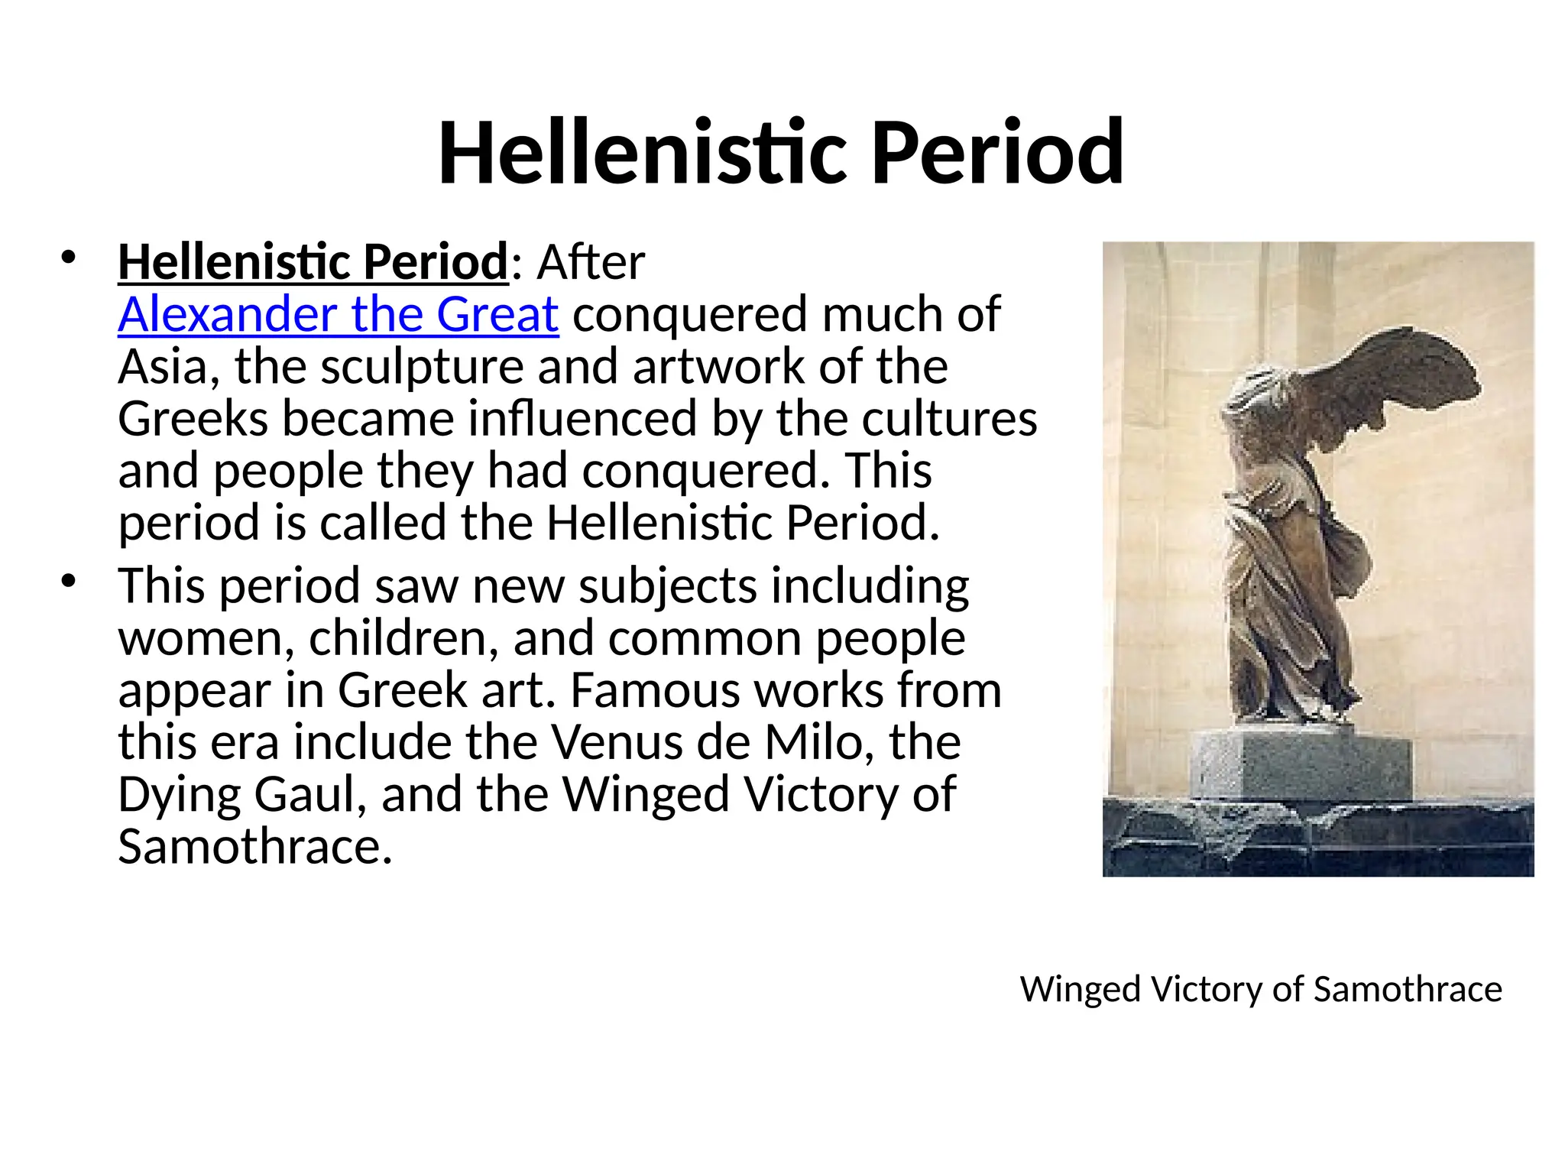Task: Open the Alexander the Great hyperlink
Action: (x=338, y=314)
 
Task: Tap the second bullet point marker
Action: (x=69, y=582)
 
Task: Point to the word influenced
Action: (x=582, y=419)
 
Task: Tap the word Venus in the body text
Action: (x=616, y=742)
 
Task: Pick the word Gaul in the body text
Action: (x=306, y=795)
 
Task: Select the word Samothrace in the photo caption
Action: (x=1408, y=989)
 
